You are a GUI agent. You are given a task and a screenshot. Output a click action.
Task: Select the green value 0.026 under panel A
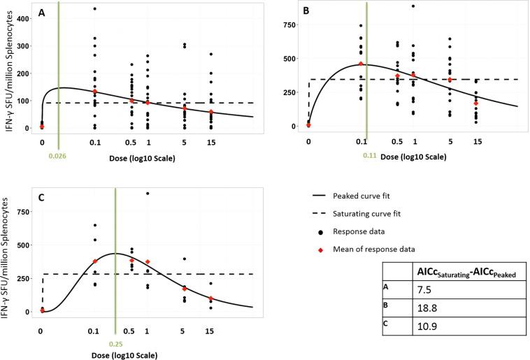[x=58, y=146]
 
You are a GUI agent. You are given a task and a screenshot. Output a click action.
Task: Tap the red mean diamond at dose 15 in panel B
[x=476, y=103]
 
